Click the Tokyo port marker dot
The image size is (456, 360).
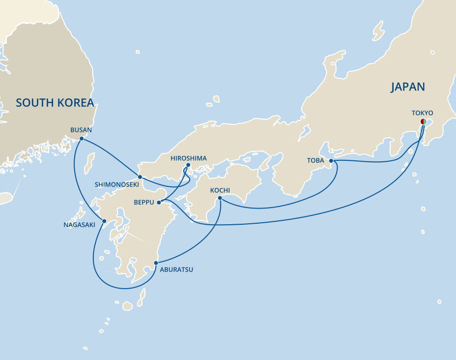coord(424,121)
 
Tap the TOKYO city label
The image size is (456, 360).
coord(422,113)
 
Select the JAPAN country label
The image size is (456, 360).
coord(408,87)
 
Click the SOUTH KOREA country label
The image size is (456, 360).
coord(55,103)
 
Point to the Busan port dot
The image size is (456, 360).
coord(81,139)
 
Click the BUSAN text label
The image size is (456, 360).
coord(81,130)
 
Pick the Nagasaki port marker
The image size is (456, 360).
coord(104,221)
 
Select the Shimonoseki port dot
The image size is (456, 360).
coord(140,177)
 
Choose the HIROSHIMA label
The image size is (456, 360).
coord(189,158)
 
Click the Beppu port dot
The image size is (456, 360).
coord(159,202)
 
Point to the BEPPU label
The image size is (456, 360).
coord(144,202)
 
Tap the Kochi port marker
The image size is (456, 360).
coord(220,198)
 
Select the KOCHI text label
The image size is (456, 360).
coord(220,190)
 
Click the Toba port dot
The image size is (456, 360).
coord(331,161)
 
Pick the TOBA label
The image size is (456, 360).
coord(315,161)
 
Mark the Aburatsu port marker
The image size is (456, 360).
coord(156,263)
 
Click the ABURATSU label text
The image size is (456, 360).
coord(175,270)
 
